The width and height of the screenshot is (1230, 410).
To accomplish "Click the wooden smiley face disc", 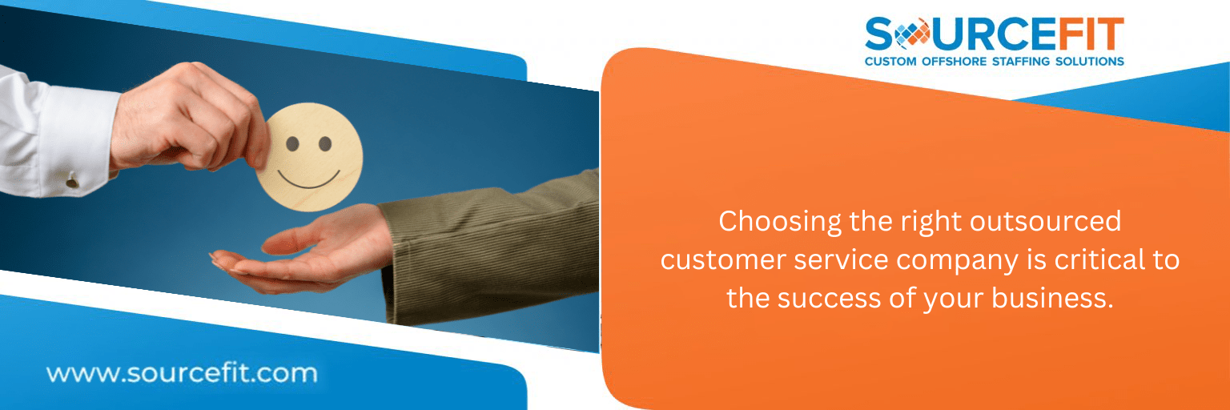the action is pos(310,157).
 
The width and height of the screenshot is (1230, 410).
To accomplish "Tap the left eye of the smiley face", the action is pos(292,144).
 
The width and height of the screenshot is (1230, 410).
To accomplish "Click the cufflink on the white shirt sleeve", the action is pos(72,179).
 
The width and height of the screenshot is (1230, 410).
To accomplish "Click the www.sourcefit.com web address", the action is pos(182,373).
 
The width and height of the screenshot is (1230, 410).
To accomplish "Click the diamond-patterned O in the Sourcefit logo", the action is pos(911,34).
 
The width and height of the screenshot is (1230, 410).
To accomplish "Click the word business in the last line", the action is pos(1052,298).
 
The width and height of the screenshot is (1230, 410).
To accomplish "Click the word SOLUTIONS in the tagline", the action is pos(1089,62).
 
